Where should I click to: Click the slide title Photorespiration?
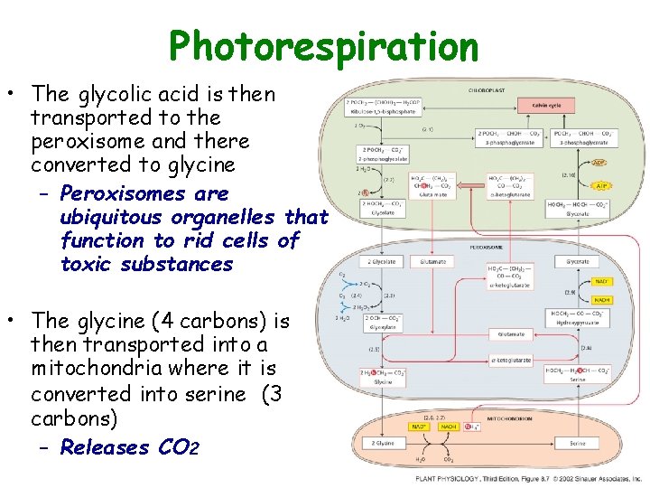tap(323, 46)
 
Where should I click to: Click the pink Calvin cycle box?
tap(547, 106)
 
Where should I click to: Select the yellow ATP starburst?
tap(600, 185)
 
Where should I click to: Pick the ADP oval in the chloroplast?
tap(599, 164)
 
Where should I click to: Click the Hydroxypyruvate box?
tap(578, 317)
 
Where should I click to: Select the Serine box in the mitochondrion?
tap(578, 444)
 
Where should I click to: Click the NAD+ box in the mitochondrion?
tap(419, 426)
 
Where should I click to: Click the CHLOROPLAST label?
tap(486, 89)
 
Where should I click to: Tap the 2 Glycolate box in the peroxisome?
tap(383, 262)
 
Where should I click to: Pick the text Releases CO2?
tap(130, 447)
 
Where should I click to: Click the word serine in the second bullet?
tap(216, 394)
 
